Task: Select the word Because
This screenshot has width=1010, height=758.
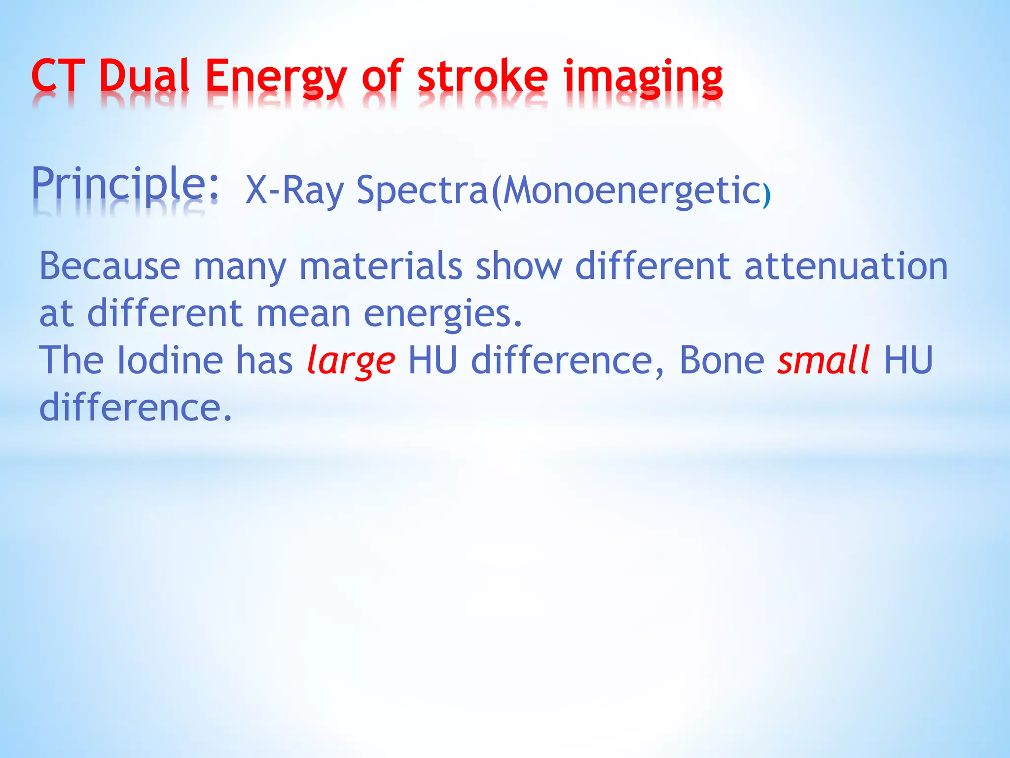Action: coord(109,266)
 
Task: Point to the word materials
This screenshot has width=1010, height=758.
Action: coord(381,266)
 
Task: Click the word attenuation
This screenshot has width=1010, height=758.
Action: coord(845,266)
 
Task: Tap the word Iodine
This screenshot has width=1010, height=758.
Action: coord(170,360)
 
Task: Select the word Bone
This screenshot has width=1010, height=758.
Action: coord(721,360)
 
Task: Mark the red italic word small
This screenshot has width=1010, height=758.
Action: coord(823,360)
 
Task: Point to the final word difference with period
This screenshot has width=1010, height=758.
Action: coord(135,408)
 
